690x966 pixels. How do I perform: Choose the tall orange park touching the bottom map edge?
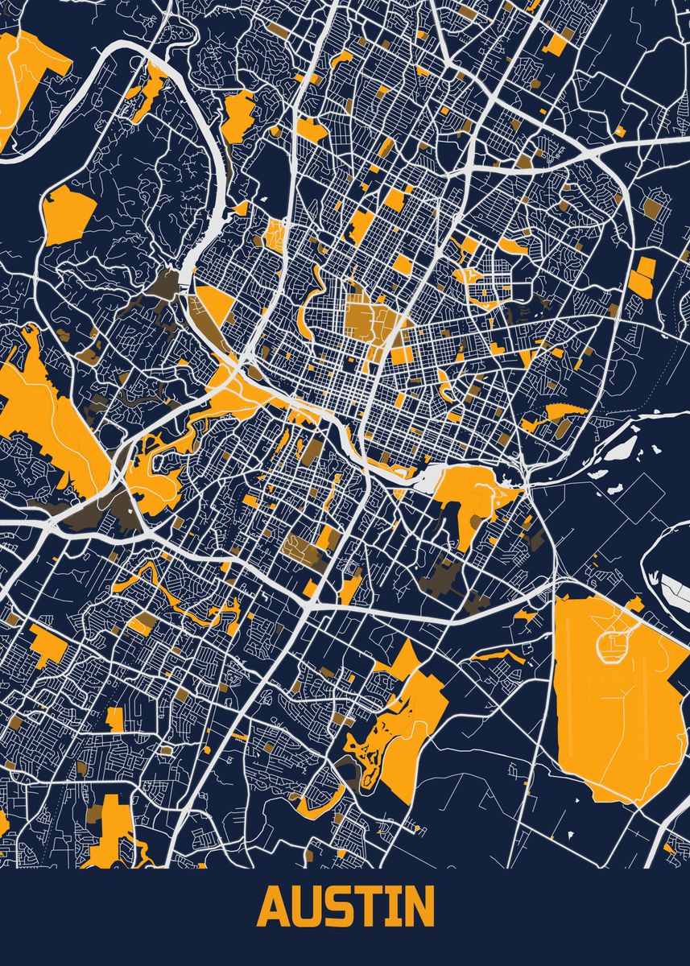[113, 833]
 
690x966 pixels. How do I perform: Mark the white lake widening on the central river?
[430, 481]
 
